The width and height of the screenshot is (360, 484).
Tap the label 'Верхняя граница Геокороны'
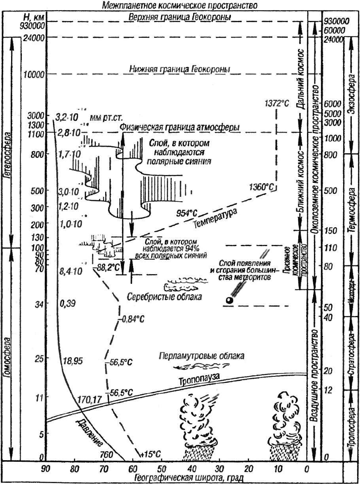pos(180,18)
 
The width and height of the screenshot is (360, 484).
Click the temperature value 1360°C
pos(261,187)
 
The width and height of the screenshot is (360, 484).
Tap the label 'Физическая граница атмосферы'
pos(180,127)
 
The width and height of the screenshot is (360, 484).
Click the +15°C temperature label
pos(150,454)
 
